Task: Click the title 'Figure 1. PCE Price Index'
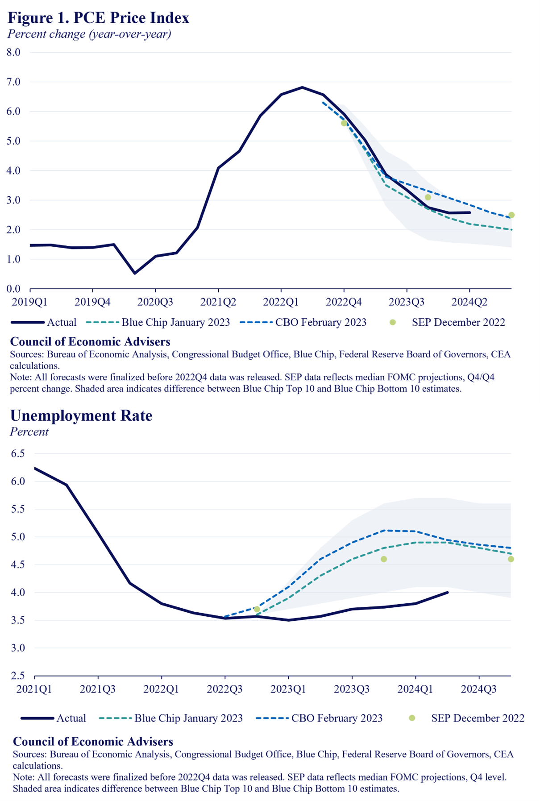[99, 18]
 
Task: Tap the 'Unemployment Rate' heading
[81, 415]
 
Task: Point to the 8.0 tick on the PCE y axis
[13, 52]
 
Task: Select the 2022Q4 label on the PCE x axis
[344, 302]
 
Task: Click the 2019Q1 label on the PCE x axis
[29, 302]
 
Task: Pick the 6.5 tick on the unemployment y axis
[18, 453]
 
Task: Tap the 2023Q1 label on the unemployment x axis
[288, 689]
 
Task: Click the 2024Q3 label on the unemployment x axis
[479, 689]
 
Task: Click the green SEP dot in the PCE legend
[393, 322]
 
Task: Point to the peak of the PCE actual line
[303, 87]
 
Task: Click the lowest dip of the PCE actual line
[135, 273]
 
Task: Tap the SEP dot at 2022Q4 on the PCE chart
[344, 123]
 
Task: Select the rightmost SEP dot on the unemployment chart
[511, 559]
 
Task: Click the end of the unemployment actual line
[448, 593]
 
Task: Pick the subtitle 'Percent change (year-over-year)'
[89, 34]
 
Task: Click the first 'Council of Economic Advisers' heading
[90, 342]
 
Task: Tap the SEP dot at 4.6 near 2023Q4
[384, 559]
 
